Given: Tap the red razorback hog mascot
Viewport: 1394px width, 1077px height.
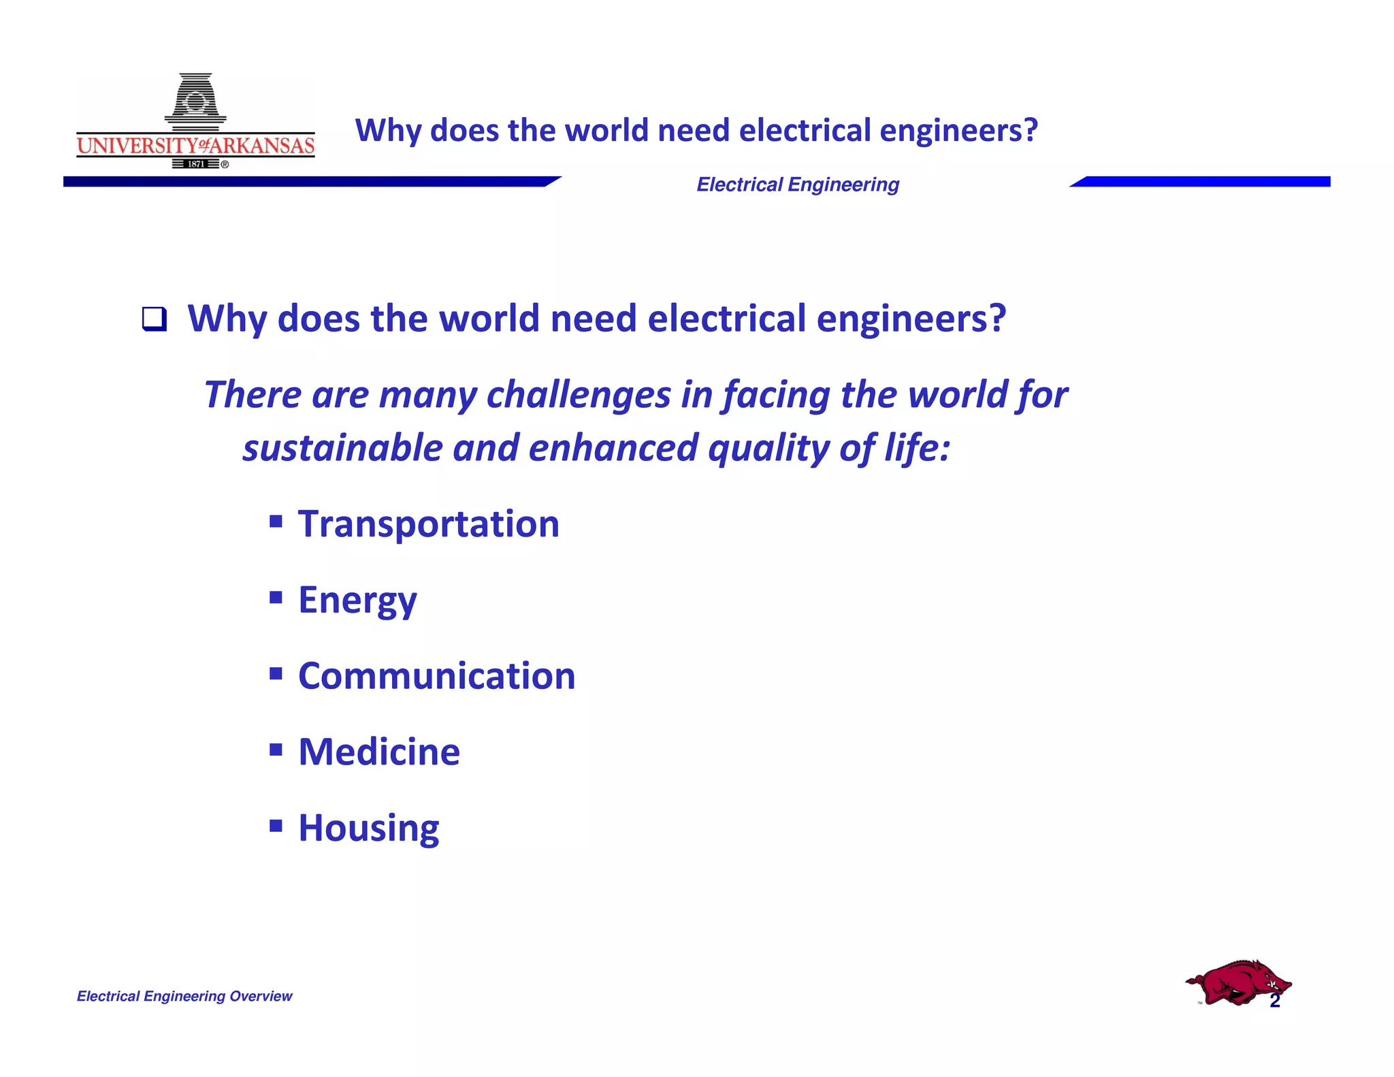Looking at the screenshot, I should tap(1237, 982).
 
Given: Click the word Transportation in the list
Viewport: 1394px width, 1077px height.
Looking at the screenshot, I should tap(429, 524).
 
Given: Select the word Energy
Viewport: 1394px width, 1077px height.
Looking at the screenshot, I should tap(357, 600).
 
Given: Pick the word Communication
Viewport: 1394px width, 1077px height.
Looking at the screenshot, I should tap(437, 676).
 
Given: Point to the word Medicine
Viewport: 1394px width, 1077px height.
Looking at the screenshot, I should tap(379, 752).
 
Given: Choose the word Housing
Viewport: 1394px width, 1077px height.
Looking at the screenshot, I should tap(369, 829).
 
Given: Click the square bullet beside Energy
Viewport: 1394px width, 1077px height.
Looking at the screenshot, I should tap(276, 598).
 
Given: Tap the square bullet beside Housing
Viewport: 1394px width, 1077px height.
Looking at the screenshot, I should tap(276, 826).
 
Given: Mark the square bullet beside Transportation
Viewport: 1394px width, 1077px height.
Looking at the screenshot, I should tap(276, 521).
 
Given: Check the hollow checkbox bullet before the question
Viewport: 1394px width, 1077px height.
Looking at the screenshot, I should tap(154, 319).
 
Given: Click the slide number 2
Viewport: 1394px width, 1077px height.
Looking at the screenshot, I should tap(1275, 1001).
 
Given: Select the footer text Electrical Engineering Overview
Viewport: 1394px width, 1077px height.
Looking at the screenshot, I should tap(184, 996).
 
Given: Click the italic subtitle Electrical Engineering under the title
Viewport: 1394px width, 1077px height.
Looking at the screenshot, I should tap(798, 184).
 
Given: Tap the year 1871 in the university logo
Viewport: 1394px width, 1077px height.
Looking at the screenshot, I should tap(196, 164).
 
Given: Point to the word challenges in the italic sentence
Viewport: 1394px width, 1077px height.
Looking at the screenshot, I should tap(579, 395).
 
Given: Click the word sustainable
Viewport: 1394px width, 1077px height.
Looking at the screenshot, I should tap(343, 448).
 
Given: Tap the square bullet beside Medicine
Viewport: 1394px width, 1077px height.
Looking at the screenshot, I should tap(276, 750).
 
